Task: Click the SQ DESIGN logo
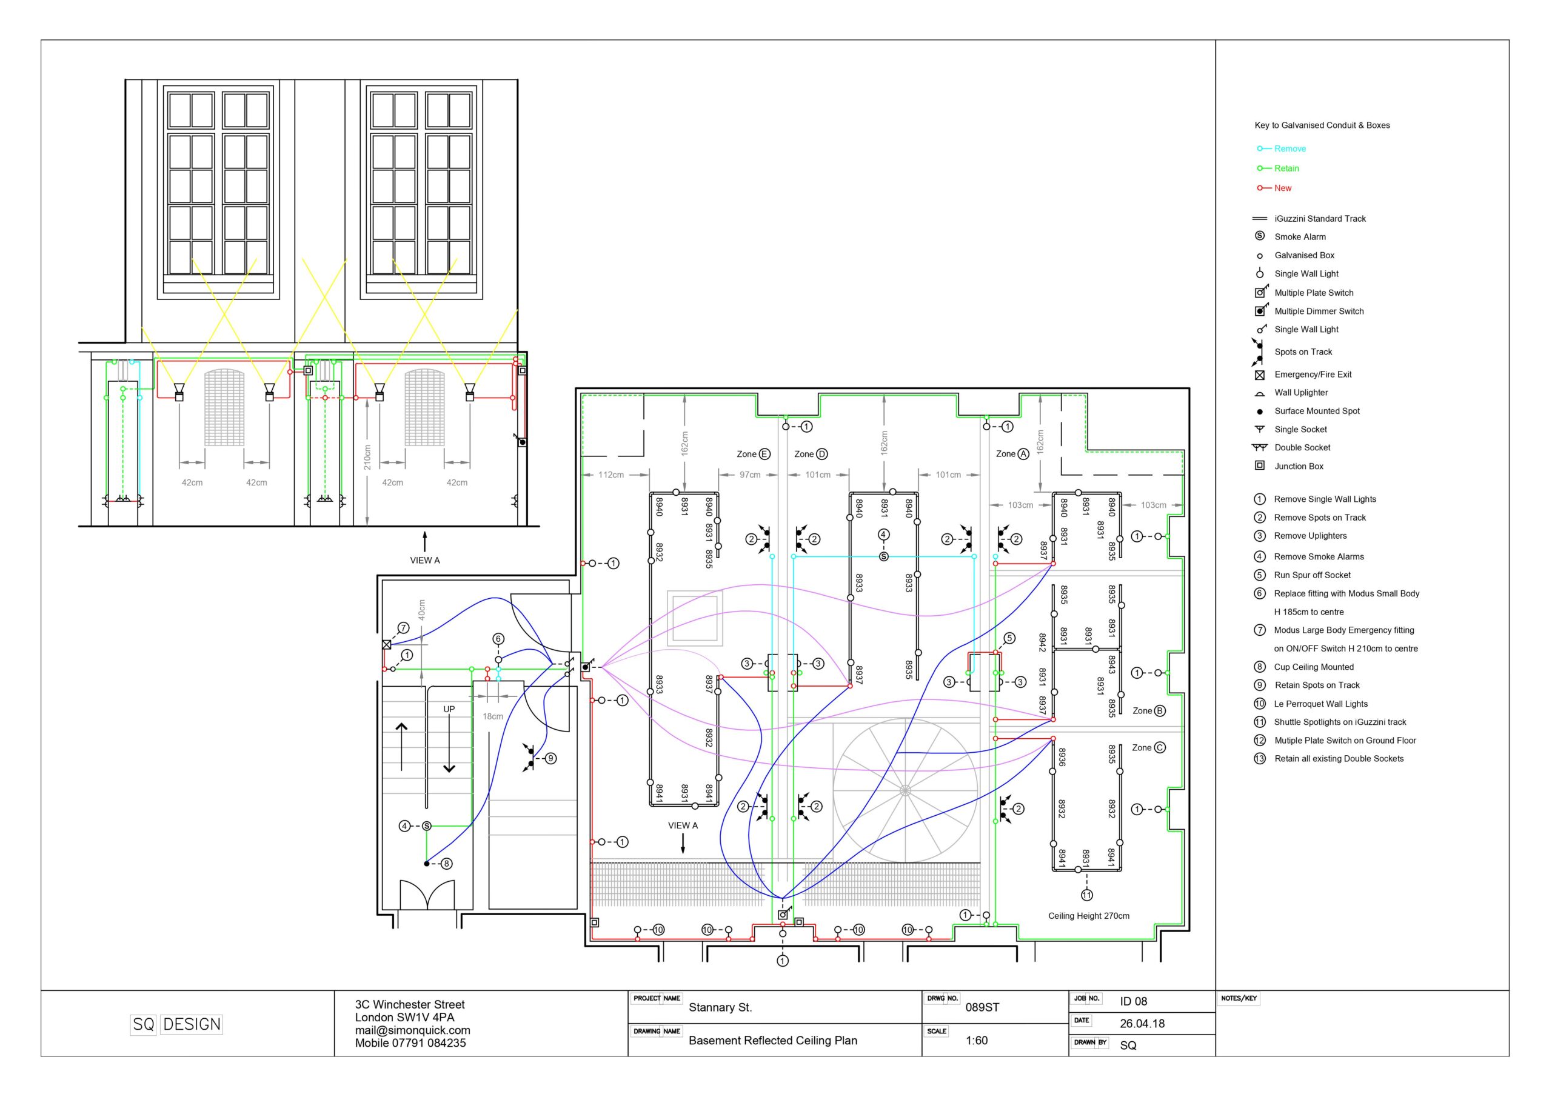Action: pyautogui.click(x=176, y=1024)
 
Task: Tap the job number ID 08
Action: pyautogui.click(x=1134, y=1001)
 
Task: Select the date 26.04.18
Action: pyautogui.click(x=1142, y=1023)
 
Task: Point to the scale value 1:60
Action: pyautogui.click(x=977, y=1040)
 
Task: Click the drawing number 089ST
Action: pyautogui.click(x=982, y=1007)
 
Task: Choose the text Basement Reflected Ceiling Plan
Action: pyautogui.click(x=772, y=1041)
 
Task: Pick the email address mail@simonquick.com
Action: pyautogui.click(x=412, y=1030)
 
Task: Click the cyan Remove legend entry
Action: pyautogui.click(x=1282, y=148)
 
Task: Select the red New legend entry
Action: pyautogui.click(x=1274, y=188)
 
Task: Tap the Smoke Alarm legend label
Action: pyautogui.click(x=1300, y=236)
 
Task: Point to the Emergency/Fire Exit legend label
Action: pyautogui.click(x=1313, y=375)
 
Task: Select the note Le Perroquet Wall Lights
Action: pyautogui.click(x=1321, y=704)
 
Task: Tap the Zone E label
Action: pyautogui.click(x=753, y=454)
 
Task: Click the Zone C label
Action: pyautogui.click(x=1148, y=747)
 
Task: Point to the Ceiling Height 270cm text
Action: pyautogui.click(x=1088, y=916)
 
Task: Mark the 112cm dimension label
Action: pyautogui.click(x=611, y=475)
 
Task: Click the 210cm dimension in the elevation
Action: pyautogui.click(x=367, y=458)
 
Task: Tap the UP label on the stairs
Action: pyautogui.click(x=449, y=709)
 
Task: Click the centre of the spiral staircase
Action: pyautogui.click(x=905, y=790)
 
